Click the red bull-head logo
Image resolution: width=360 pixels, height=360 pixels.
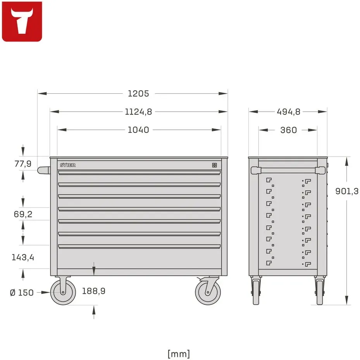(22, 22)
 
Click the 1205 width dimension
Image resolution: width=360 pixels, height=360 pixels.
(138, 94)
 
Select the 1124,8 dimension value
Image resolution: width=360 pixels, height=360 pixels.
(138, 112)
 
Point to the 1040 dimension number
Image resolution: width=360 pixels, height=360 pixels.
(138, 130)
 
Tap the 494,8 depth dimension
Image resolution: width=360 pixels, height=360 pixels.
(289, 112)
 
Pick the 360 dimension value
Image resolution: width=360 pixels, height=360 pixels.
(289, 130)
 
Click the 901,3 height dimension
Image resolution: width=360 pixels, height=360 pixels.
(347, 191)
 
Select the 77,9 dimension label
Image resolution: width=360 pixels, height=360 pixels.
(23, 164)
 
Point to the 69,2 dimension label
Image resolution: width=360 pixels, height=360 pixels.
(23, 214)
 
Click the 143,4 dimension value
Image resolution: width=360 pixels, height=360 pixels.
(23, 257)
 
